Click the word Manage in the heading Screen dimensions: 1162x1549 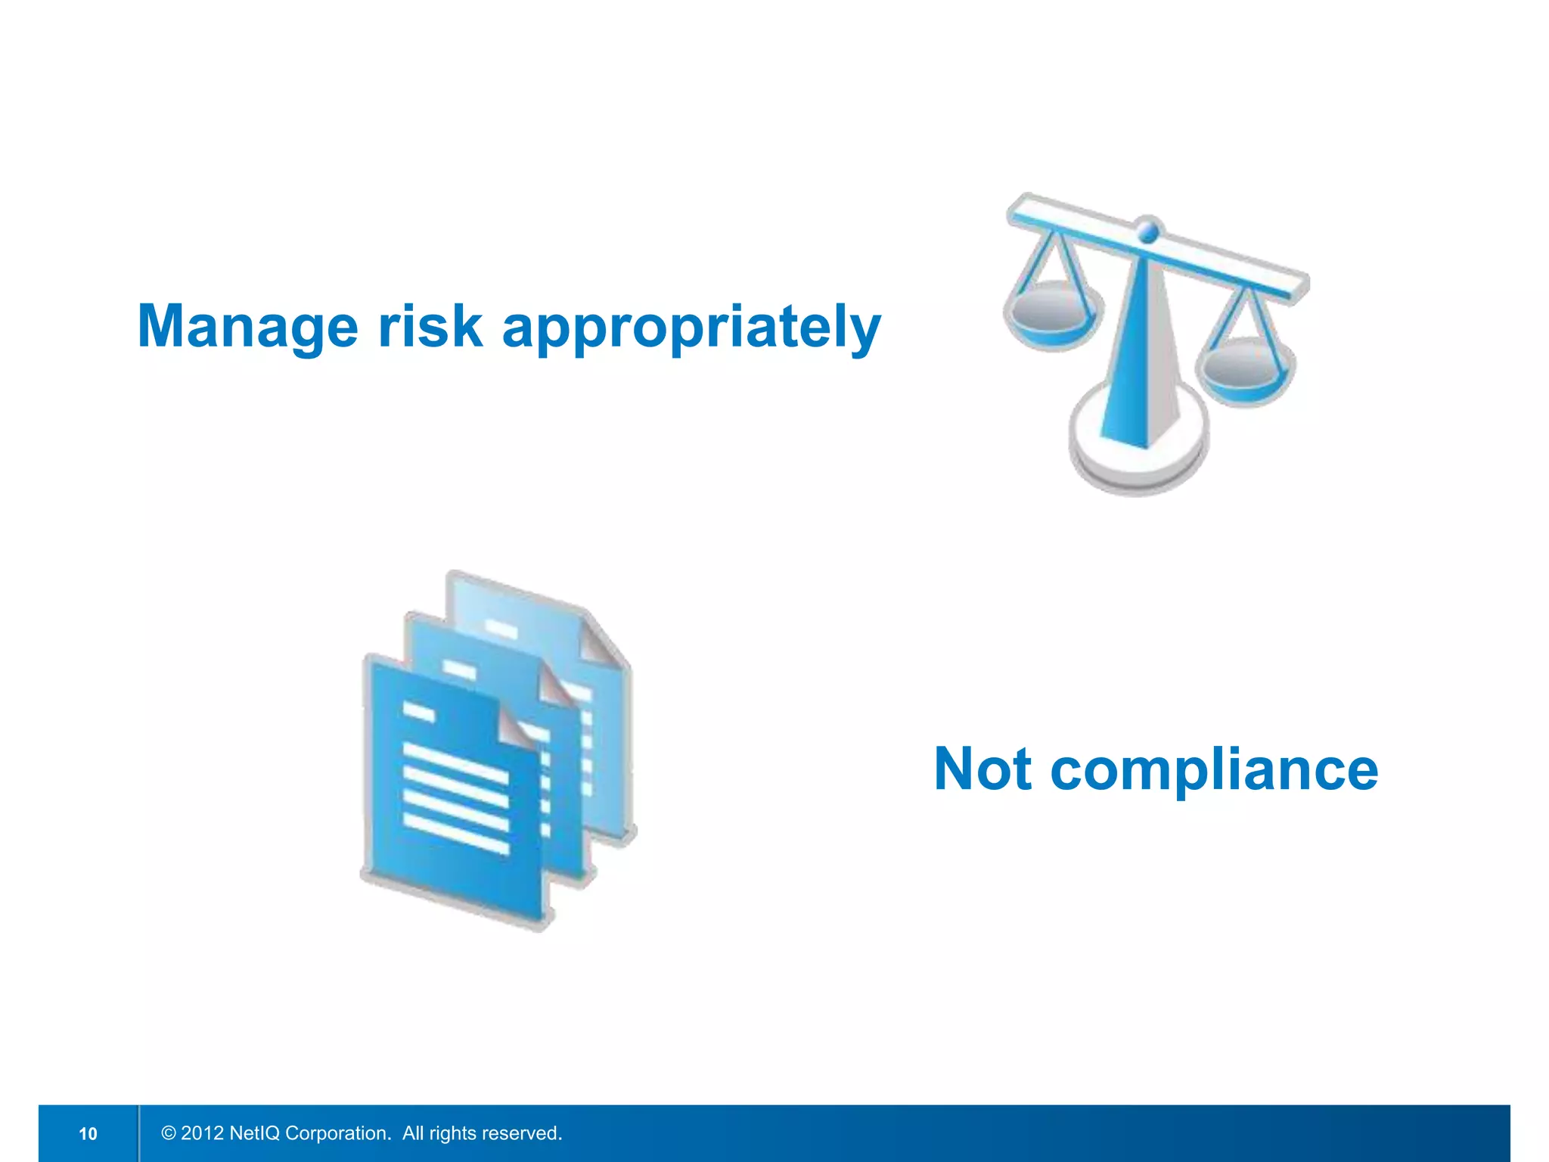click(x=247, y=327)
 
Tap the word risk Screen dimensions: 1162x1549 click(x=430, y=327)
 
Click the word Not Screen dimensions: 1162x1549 click(x=982, y=769)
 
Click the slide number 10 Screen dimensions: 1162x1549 click(x=88, y=1133)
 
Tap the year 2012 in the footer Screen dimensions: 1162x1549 click(x=202, y=1133)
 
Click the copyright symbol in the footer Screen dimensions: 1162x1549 click(x=169, y=1133)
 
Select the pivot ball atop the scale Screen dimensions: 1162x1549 click(x=1148, y=228)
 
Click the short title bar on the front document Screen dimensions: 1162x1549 click(x=418, y=712)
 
